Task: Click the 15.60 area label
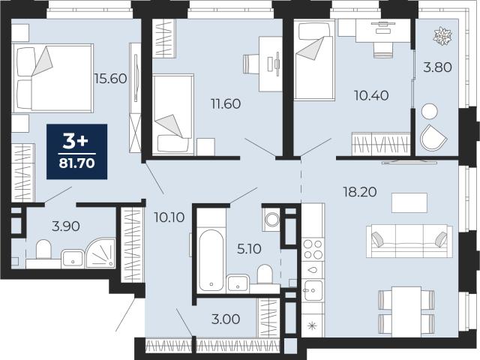click(x=110, y=79)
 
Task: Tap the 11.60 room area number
click(x=226, y=103)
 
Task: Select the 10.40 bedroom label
click(x=371, y=95)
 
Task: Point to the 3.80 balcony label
click(x=437, y=67)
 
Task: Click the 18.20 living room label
click(x=360, y=192)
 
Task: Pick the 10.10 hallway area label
click(x=169, y=217)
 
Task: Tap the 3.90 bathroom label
click(x=66, y=226)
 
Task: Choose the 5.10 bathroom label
click(x=249, y=248)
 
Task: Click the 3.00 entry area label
click(x=226, y=319)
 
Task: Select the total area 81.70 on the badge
click(x=76, y=163)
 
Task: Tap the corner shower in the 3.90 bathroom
click(x=100, y=253)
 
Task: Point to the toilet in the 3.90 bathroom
click(x=43, y=249)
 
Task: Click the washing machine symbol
click(x=271, y=220)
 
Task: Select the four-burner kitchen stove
click(x=313, y=249)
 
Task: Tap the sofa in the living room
click(x=409, y=241)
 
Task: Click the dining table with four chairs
click(x=406, y=312)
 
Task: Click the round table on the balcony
click(x=430, y=112)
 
